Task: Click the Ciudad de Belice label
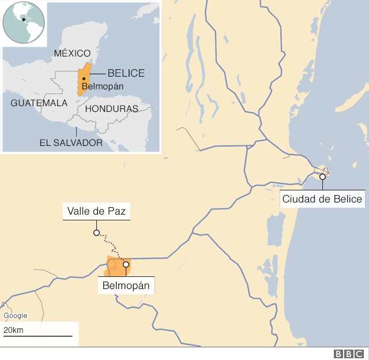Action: coord(322,200)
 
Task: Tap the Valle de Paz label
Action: coord(96,212)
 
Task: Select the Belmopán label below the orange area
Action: coord(129,285)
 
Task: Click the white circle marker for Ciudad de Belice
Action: coord(322,177)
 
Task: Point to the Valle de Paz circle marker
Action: coord(96,234)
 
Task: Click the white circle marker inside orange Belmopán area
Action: coord(126,265)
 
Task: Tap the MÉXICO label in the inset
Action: coord(72,53)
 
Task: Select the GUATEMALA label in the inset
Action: coord(39,103)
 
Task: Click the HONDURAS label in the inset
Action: coord(111,108)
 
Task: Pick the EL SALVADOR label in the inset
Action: coord(71,142)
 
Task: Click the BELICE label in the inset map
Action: coord(126,73)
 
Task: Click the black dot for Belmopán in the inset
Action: coord(84,78)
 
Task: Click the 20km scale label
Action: coord(13,329)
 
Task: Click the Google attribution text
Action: coord(15,316)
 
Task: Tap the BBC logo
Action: coord(348,354)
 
